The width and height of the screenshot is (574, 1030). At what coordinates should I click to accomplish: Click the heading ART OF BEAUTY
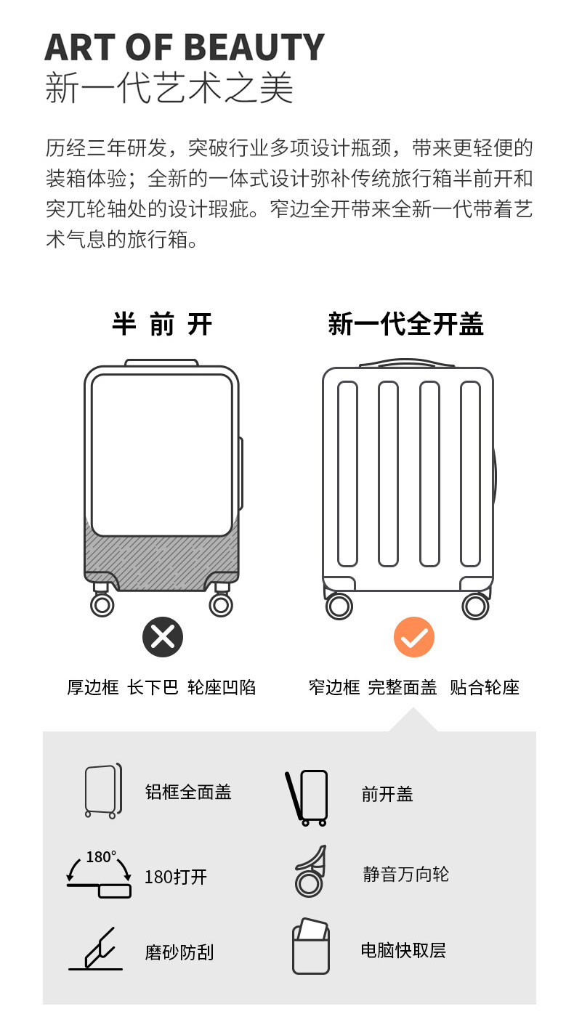[185, 48]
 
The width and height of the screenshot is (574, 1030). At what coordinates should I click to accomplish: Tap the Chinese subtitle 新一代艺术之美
[169, 88]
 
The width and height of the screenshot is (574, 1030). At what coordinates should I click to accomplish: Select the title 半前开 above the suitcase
[162, 324]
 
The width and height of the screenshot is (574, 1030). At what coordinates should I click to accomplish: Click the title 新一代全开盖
[405, 324]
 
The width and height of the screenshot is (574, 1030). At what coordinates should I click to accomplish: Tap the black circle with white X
[163, 637]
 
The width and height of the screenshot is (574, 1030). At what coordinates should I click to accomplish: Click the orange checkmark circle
[414, 637]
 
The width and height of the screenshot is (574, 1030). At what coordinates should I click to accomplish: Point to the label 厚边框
[92, 687]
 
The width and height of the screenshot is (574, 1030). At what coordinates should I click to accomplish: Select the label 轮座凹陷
[222, 687]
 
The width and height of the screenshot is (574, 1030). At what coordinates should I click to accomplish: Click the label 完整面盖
[402, 687]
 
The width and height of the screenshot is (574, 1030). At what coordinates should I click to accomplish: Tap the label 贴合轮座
[485, 687]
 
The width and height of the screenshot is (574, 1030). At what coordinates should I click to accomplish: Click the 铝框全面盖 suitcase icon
[102, 791]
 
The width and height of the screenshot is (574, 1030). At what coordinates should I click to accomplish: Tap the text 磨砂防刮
[179, 952]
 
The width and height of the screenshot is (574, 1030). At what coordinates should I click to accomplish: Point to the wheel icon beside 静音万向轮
[310, 872]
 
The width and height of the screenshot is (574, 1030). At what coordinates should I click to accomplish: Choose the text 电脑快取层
[403, 950]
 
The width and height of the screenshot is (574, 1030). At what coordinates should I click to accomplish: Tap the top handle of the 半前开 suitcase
[161, 362]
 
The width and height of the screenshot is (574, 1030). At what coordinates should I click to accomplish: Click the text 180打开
[176, 877]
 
